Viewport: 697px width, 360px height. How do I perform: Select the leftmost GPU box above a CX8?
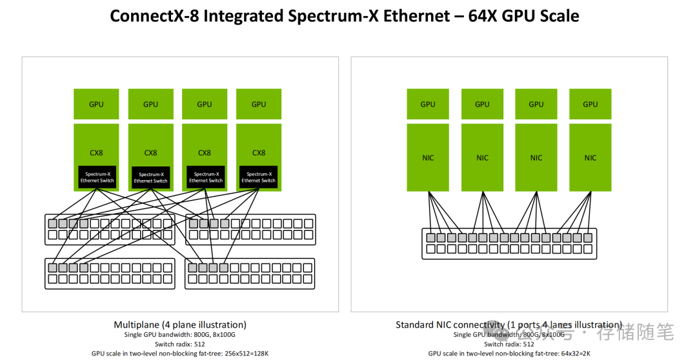point(96,104)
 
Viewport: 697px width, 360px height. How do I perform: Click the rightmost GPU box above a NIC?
point(591,104)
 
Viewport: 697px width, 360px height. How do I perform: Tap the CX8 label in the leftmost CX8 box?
point(96,153)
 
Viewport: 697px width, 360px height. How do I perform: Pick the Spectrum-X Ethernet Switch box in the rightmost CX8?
point(259,177)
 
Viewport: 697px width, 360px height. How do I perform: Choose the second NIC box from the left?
point(482,158)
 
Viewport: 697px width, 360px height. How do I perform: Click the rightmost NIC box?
point(591,158)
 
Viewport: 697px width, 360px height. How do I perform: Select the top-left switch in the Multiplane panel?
point(110,230)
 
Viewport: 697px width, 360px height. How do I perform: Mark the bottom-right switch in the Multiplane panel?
point(250,274)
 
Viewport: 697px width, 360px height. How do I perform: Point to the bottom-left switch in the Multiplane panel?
point(110,274)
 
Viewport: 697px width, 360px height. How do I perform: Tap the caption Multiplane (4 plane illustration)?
point(180,325)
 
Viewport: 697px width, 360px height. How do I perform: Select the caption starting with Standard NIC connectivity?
point(509,325)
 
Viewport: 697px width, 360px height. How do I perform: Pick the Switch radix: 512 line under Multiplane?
point(180,344)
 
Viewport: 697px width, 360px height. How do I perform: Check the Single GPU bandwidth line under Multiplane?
point(180,335)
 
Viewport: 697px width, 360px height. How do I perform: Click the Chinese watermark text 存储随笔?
point(635,334)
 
